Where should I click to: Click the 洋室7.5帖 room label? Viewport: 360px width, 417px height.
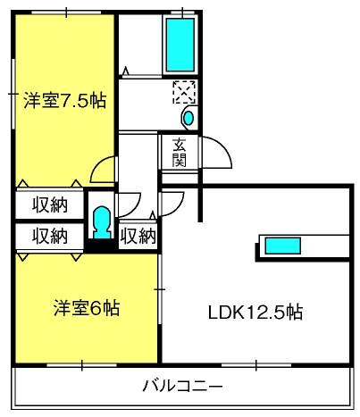click(64, 101)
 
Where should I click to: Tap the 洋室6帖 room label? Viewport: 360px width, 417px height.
click(87, 308)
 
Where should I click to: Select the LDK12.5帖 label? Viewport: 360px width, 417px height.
click(255, 313)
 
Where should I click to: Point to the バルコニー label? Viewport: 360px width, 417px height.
click(183, 386)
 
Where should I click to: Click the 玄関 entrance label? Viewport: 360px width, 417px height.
click(180, 153)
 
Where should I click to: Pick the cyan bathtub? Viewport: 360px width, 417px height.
click(180, 45)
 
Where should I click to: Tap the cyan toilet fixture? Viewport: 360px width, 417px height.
click(102, 222)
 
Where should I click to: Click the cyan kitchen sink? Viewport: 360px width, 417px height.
click(282, 246)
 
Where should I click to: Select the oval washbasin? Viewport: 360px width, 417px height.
click(188, 118)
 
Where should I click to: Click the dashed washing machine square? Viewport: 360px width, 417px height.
click(185, 92)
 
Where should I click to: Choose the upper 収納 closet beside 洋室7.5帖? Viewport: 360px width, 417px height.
click(50, 204)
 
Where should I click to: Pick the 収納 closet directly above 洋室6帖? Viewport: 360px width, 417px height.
click(50, 236)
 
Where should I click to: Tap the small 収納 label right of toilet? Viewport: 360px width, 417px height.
click(138, 237)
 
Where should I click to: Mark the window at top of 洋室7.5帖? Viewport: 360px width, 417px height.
click(66, 13)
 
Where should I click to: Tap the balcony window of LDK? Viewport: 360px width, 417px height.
click(256, 365)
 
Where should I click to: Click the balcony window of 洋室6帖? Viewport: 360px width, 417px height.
click(82, 365)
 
